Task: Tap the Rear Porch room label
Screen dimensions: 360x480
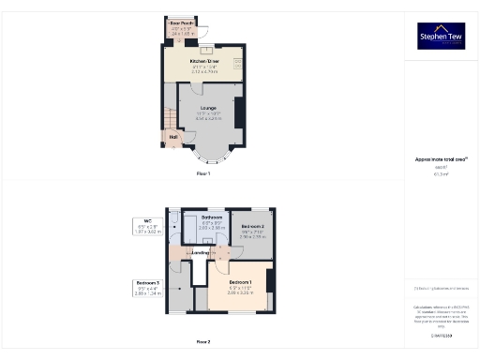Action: (181, 22)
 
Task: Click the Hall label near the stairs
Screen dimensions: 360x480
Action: (173, 135)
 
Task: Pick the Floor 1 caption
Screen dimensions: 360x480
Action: (202, 174)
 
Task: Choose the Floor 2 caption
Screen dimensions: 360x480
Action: (202, 342)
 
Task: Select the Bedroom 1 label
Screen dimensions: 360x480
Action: (243, 281)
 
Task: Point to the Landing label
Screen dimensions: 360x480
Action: (201, 252)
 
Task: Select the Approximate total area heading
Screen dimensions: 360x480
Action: (441, 159)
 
